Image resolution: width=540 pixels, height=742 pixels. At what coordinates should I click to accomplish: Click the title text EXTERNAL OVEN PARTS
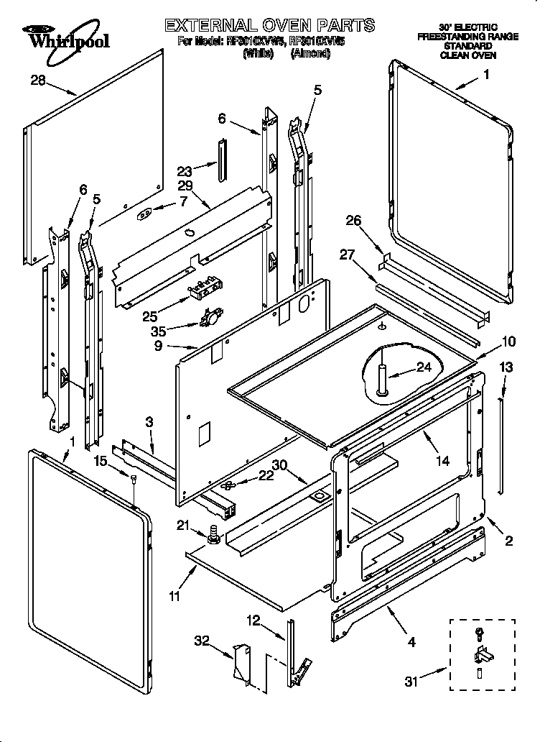[x=269, y=25]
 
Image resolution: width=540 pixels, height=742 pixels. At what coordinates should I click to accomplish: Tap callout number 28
[x=38, y=81]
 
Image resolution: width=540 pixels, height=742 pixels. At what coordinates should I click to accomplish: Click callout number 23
[x=185, y=171]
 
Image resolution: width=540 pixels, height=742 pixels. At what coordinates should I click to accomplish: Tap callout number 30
[x=280, y=464]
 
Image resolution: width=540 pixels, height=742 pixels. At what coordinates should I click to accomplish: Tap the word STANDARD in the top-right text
[x=467, y=45]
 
